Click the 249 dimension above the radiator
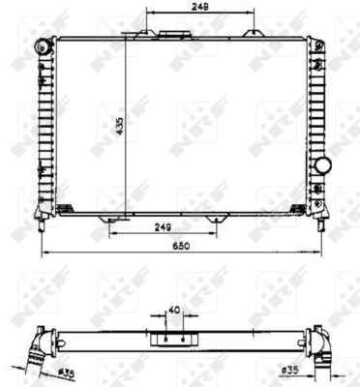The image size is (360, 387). click(200, 7)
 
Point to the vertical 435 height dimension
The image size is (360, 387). click(117, 126)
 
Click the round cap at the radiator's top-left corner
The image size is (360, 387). click(42, 45)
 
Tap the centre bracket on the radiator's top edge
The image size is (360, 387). click(174, 35)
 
